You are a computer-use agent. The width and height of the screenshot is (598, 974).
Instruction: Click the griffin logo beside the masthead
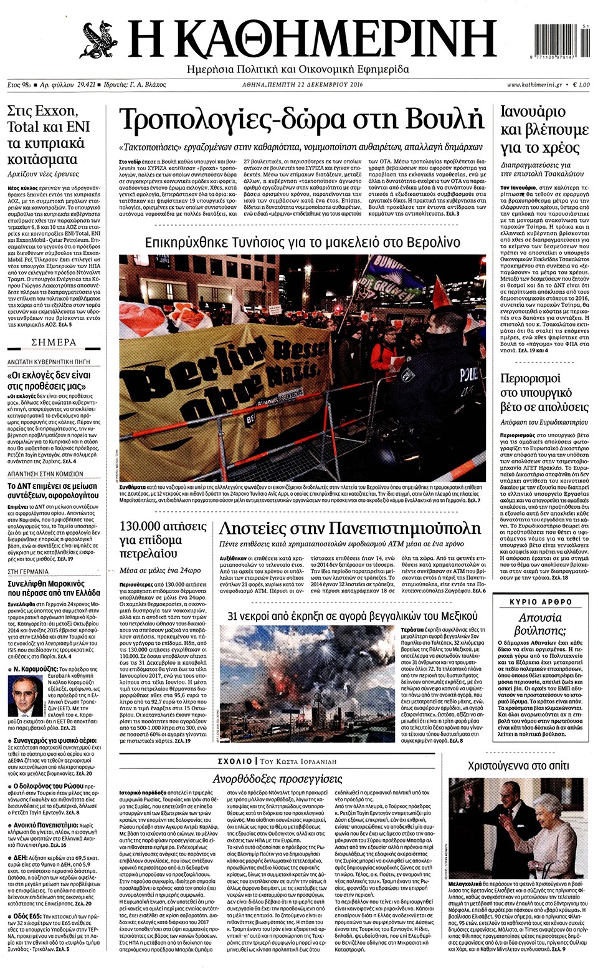(x=100, y=40)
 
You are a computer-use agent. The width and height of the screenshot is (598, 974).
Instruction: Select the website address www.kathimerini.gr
(x=534, y=85)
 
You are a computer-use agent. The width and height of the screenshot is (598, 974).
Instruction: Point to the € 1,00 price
(x=580, y=85)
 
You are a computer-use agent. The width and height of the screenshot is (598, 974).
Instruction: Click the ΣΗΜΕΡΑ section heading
(x=54, y=342)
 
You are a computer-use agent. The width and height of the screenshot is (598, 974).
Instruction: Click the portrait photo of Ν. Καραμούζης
(x=26, y=697)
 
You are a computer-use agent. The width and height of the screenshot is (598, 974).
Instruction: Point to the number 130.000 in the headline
(x=140, y=526)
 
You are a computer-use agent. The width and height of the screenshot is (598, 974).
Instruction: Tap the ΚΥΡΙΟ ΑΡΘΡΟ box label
(x=541, y=602)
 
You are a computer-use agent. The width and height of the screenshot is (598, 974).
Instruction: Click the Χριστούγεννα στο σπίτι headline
(x=518, y=766)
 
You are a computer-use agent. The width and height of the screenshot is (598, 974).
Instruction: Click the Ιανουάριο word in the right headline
(x=533, y=112)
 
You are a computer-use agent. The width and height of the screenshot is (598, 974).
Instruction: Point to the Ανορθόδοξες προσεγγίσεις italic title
(x=277, y=779)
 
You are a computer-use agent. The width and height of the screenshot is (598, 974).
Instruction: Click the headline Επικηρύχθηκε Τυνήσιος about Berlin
(x=302, y=243)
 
